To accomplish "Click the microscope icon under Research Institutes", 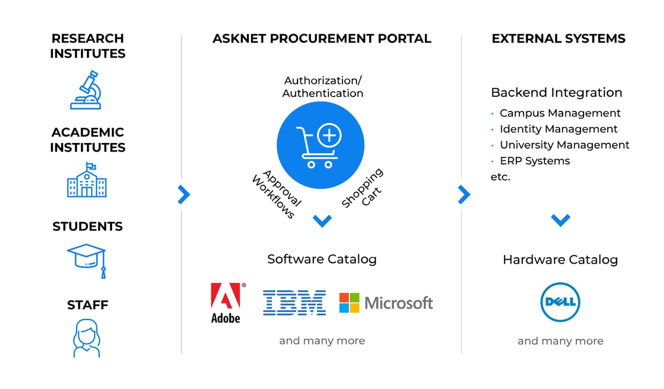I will coord(86,90).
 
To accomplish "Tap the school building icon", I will coord(87,180).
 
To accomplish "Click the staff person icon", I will coord(86,338).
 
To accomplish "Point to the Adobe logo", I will coord(226,303).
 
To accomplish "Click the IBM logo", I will coord(294,303).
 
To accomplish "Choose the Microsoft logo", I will coord(386,303).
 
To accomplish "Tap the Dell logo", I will coord(560,302).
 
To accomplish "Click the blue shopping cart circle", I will coord(320,145).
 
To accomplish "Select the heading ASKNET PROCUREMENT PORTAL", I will coord(321,39).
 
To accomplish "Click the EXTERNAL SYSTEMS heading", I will coord(558,39).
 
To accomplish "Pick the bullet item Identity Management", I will coord(558,129).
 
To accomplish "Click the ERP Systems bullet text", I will coord(534,160).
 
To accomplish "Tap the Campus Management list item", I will coord(560,113).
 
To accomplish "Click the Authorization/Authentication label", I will coord(323,87).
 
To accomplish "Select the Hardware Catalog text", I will coord(560,260).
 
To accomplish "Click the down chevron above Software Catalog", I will coord(322,220).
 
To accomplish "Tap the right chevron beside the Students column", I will coord(184,194).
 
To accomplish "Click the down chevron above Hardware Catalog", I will coord(560,220).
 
